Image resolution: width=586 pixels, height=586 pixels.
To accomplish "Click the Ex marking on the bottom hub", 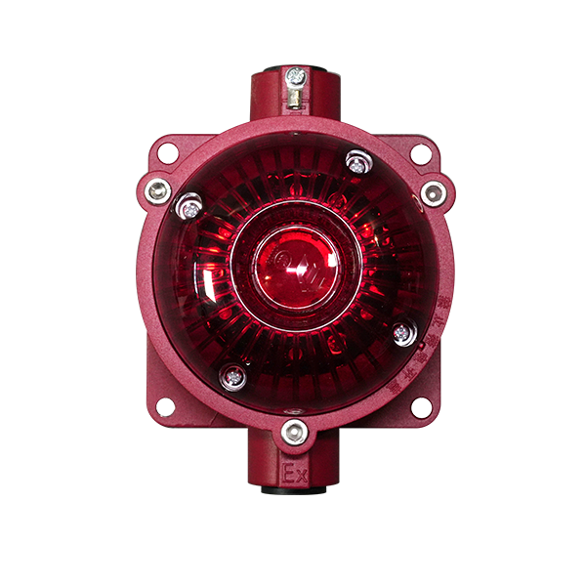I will [295, 476].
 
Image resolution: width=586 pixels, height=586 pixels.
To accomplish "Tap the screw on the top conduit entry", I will [294, 75].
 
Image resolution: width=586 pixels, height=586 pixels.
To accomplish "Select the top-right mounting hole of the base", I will [420, 152].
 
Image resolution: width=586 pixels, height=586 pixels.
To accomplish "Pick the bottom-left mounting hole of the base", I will [165, 406].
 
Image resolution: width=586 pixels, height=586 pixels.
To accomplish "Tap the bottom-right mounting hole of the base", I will [420, 406].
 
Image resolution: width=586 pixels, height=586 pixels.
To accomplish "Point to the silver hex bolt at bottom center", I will [293, 430].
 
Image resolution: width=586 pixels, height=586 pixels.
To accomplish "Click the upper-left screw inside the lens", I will [188, 205].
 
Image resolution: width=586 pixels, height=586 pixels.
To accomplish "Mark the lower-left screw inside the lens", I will [231, 373].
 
